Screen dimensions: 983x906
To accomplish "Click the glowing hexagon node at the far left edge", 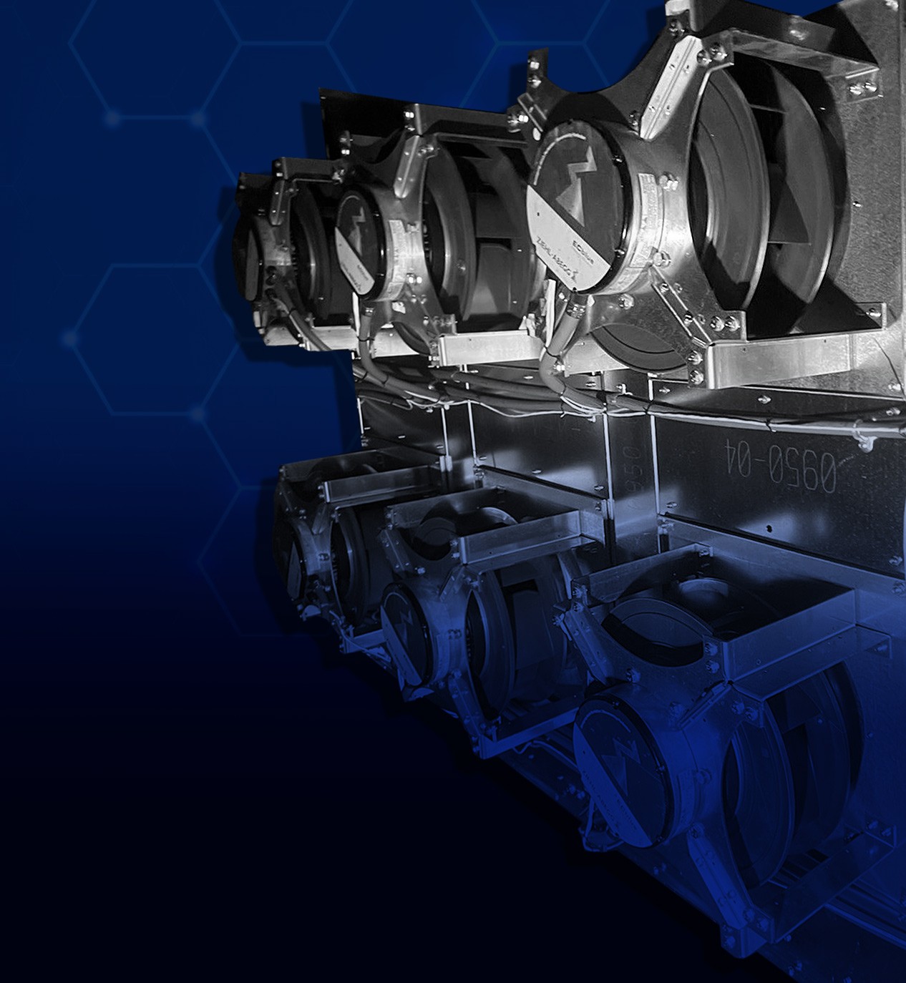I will [69, 338].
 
